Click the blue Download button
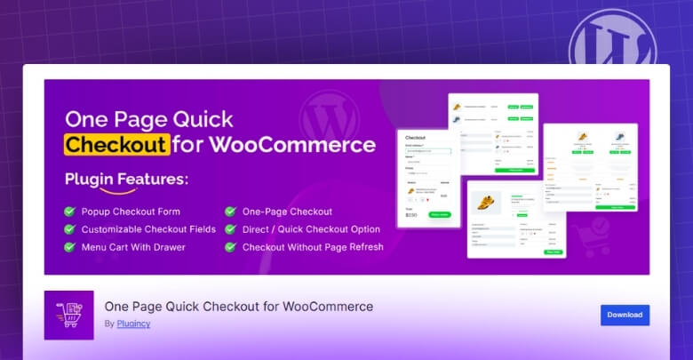(625, 315)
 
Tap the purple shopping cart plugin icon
(68, 315)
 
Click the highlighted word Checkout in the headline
(117, 144)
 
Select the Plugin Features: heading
(126, 179)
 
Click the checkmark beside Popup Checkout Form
(69, 212)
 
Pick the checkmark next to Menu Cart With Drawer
(69, 247)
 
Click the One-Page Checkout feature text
(287, 212)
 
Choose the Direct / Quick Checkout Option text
(305, 229)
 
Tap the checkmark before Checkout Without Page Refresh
(230, 247)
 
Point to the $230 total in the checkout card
(411, 215)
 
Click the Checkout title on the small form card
(416, 138)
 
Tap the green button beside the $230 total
(440, 214)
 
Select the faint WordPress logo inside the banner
(329, 114)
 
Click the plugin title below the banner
(238, 307)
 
